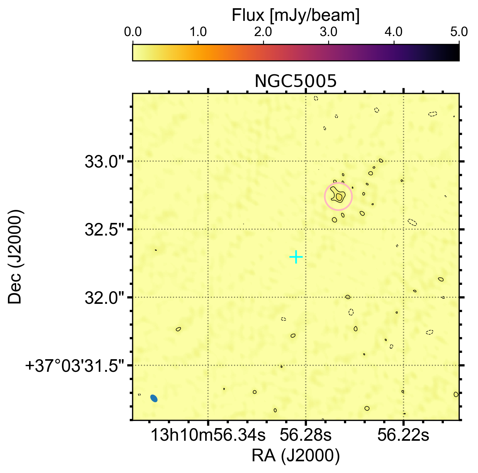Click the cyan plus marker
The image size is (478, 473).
click(x=296, y=257)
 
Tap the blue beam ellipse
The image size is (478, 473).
click(x=154, y=398)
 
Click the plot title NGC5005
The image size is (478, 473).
click(x=296, y=81)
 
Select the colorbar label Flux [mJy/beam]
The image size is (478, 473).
click(x=296, y=15)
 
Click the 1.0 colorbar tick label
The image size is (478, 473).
click(x=198, y=32)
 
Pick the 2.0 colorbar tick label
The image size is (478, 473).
click(x=263, y=32)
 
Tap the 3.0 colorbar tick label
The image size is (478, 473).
click(x=329, y=32)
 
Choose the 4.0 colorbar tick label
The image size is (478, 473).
click(x=394, y=32)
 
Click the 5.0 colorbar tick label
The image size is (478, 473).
click(x=458, y=32)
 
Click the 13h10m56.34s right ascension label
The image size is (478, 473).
click(x=208, y=435)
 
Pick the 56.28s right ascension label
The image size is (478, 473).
click(x=306, y=435)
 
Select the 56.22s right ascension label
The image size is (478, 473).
click(x=403, y=435)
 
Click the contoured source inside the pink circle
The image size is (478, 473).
click(x=338, y=196)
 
